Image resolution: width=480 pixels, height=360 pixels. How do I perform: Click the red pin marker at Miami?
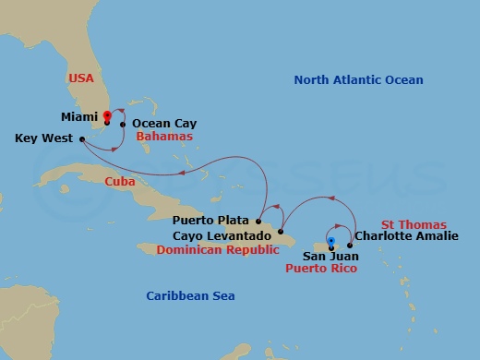coord(108,116)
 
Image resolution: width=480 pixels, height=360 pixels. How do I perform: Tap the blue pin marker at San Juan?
coord(330,216)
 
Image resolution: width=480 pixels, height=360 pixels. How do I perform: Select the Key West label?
coord(44,138)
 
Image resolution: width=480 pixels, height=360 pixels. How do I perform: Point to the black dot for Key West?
coord(83,139)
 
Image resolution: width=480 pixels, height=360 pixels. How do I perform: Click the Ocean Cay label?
coord(164,123)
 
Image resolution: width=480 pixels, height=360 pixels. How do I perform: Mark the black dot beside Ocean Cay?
coord(124,123)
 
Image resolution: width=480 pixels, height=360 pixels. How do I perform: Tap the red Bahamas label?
coord(163,136)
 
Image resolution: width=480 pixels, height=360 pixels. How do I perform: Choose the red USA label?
coord(81,79)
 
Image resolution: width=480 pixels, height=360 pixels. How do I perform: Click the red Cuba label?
coord(119,181)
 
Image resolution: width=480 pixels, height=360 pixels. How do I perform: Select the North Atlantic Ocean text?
coord(358,80)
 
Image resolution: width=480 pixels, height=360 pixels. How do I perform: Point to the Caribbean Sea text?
coord(191,295)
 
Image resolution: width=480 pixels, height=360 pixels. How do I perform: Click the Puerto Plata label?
coord(211,222)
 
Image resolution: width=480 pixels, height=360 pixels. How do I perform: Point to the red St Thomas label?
coord(414,224)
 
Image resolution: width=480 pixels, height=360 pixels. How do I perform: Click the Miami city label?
coord(79,118)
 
